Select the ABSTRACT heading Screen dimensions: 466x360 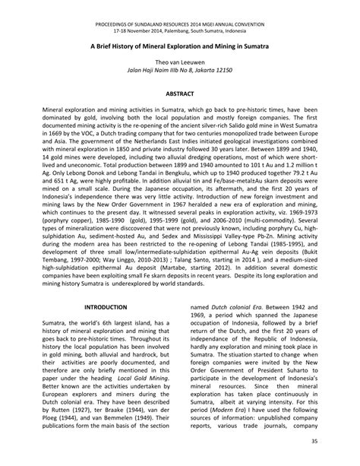(179, 93)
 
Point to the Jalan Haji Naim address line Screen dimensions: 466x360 (179, 71)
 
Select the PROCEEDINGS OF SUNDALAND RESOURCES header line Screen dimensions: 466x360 (179, 6)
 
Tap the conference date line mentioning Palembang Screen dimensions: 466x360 (179, 14)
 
